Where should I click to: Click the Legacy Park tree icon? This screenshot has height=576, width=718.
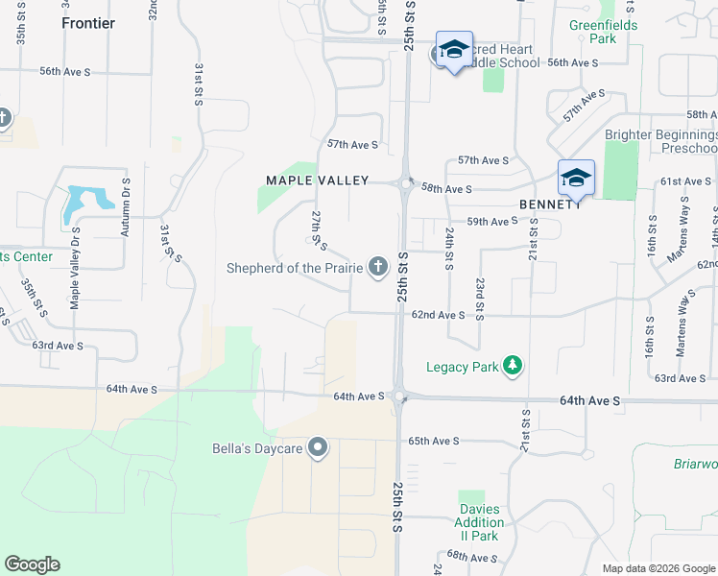tap(514, 366)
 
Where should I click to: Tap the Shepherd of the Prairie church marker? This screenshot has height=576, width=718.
tap(377, 267)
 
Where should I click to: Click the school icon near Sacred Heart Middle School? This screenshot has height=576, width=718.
tap(453, 50)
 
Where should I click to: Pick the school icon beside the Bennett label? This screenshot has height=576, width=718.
tap(576, 178)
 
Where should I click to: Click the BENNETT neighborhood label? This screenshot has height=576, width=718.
tap(550, 204)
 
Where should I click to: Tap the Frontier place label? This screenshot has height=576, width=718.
tap(87, 23)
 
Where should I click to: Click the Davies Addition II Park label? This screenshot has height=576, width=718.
tap(478, 529)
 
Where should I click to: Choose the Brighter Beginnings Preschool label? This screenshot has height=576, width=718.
tap(661, 142)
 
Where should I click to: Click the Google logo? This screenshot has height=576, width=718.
tap(32, 564)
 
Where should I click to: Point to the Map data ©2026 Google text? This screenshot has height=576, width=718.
tap(658, 568)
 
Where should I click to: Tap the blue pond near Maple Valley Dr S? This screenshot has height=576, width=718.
tap(85, 203)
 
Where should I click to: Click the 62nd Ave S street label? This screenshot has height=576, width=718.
tap(439, 315)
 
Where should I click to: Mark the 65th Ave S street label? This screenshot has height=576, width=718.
tap(434, 441)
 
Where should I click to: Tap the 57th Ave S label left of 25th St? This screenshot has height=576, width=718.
tap(352, 144)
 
